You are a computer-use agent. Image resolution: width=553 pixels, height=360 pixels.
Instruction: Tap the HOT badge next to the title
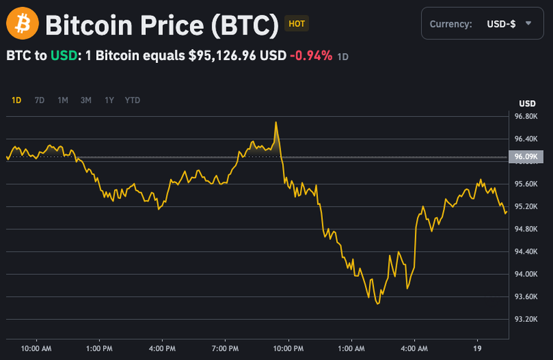(x=297, y=23)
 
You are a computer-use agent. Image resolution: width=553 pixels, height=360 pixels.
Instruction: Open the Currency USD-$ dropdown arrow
(x=528, y=23)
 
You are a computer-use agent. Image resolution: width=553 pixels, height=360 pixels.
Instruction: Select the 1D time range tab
(x=17, y=100)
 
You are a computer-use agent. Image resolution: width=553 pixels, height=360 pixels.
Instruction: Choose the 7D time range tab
(x=39, y=100)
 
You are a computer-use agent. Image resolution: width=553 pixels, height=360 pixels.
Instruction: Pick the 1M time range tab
(x=63, y=100)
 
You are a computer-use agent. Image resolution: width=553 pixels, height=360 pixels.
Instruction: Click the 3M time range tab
(x=86, y=100)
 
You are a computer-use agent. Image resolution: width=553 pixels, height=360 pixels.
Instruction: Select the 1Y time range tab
(x=109, y=100)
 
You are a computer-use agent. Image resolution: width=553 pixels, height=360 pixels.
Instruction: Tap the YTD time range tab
(x=133, y=100)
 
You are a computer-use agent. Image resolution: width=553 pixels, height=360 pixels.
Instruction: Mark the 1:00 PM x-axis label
(x=99, y=348)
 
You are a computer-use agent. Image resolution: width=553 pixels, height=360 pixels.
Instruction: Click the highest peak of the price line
(x=276, y=122)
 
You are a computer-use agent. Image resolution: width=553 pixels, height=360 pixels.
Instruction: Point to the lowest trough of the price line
(x=377, y=303)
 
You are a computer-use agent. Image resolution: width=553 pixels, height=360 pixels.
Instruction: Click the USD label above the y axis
(x=527, y=104)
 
